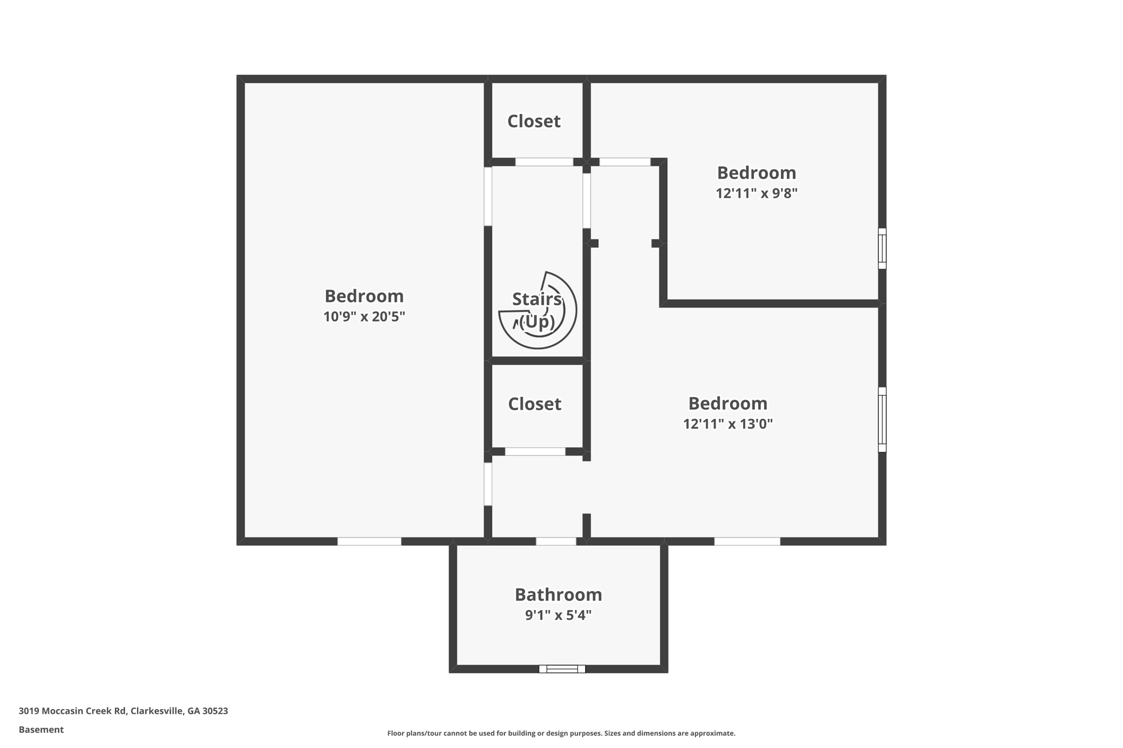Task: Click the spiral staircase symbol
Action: (538, 311)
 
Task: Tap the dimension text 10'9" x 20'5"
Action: (364, 317)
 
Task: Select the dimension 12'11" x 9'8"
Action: (756, 193)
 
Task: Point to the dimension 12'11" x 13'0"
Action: (728, 424)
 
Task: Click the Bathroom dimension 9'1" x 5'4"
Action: (558, 615)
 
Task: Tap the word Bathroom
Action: (558, 595)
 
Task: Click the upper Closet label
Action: (534, 121)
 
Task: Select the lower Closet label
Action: (535, 404)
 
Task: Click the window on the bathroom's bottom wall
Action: (562, 669)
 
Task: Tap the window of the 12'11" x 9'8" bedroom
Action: (882, 249)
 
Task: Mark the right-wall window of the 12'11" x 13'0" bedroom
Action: (882, 420)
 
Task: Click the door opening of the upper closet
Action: (544, 162)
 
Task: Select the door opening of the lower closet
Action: (535, 452)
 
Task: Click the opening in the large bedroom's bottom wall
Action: (369, 541)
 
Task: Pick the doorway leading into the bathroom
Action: (555, 541)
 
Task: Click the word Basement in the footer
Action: (41, 730)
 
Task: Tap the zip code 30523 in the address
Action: (215, 711)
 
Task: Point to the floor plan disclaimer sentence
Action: (561, 733)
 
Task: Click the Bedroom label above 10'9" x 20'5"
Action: (364, 296)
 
